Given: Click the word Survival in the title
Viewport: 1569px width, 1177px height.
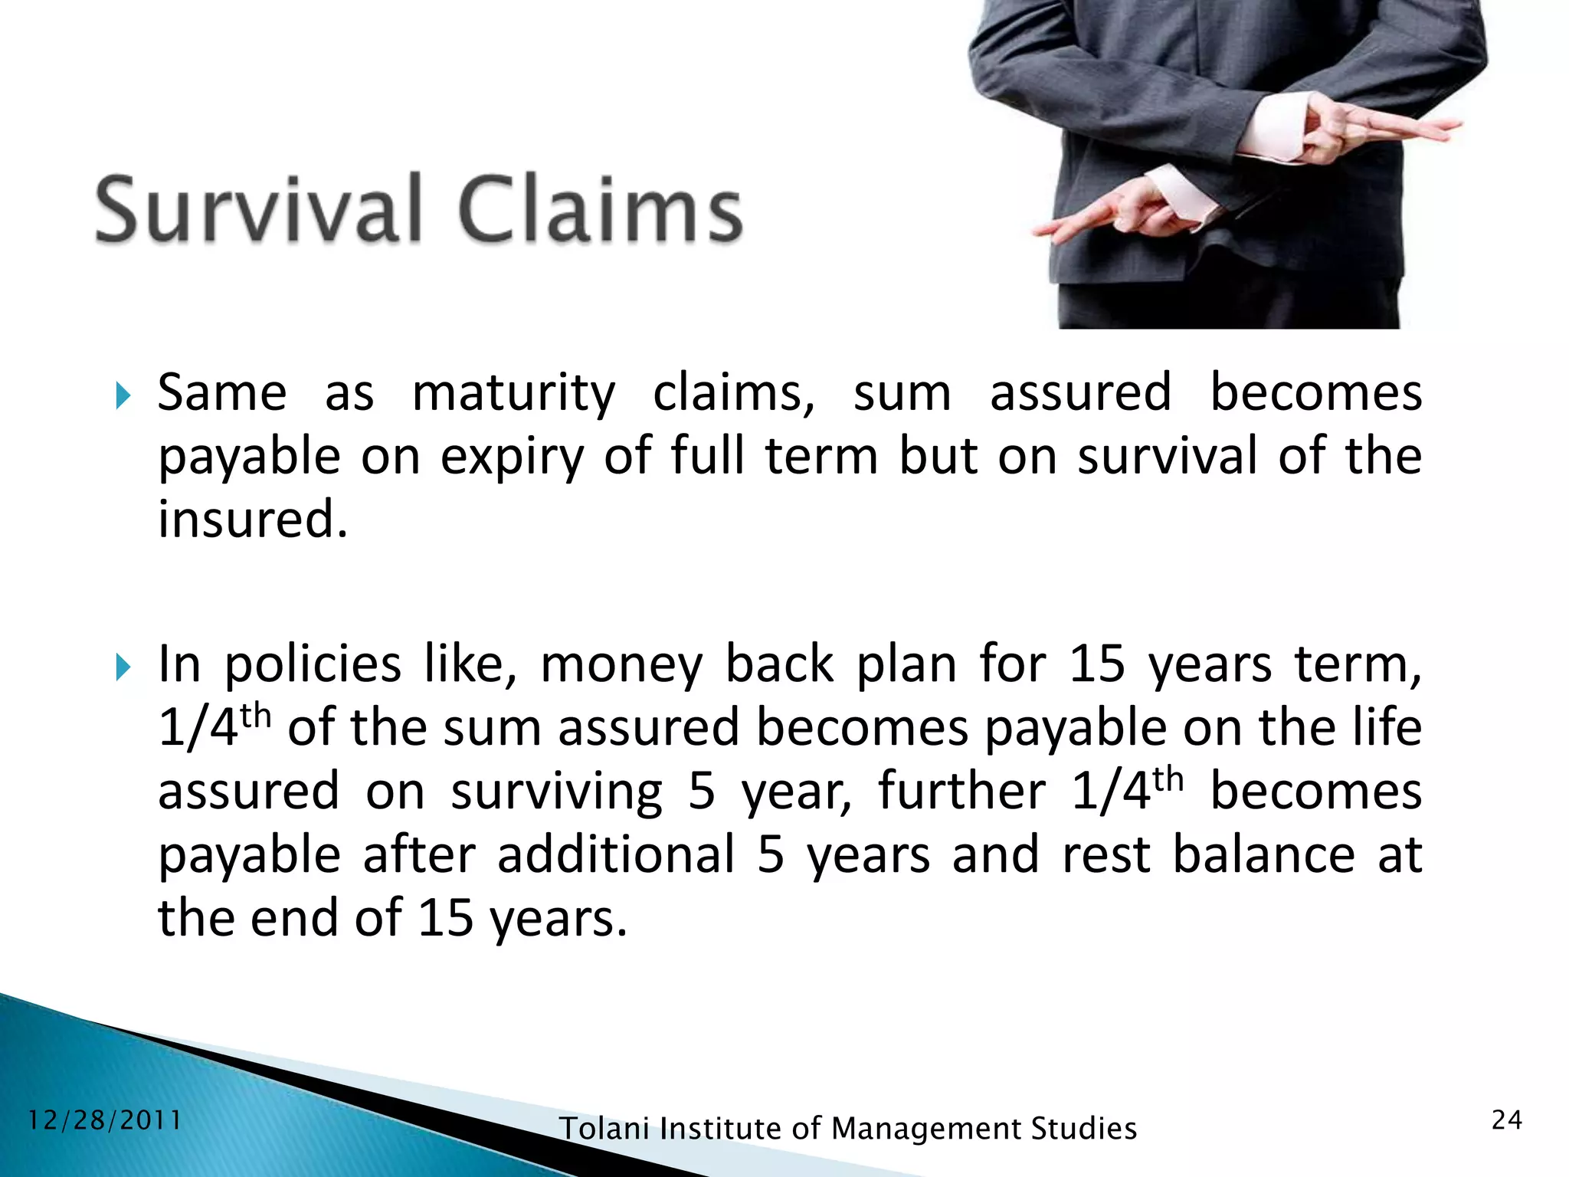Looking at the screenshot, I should point(259,209).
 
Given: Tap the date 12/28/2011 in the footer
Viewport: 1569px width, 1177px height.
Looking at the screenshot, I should point(105,1120).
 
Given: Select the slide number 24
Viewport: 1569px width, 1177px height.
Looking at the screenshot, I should point(1507,1120).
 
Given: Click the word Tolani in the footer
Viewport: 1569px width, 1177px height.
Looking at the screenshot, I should point(604,1129).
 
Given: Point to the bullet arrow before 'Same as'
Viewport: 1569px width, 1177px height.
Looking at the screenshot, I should point(123,396).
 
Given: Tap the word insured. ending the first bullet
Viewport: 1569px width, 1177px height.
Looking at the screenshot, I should point(253,520).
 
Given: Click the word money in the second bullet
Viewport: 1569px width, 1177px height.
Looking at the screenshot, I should point(621,665).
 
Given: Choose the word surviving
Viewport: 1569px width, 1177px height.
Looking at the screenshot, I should point(556,792).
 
